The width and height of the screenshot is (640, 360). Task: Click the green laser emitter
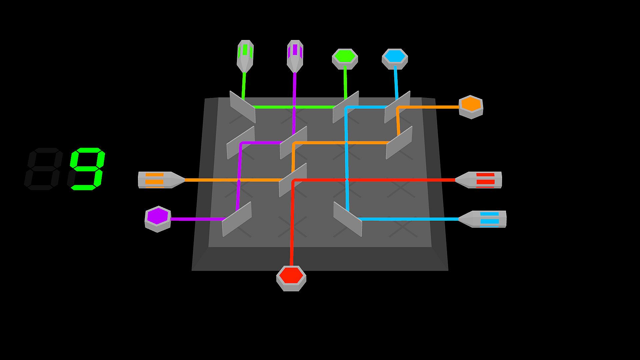click(245, 55)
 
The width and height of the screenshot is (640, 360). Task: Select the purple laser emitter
click(295, 55)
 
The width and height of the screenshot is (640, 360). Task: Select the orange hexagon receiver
click(471, 107)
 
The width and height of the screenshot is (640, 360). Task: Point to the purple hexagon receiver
click(158, 219)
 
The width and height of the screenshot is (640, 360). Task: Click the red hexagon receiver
click(291, 278)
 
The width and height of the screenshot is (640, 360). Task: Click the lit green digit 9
click(88, 169)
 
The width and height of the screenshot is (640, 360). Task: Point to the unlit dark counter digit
click(44, 169)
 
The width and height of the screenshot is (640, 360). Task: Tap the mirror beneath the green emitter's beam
click(243, 107)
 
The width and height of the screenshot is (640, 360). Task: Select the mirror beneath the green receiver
click(346, 107)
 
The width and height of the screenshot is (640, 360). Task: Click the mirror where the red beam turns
click(293, 180)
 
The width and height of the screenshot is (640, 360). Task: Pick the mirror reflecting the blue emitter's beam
click(348, 219)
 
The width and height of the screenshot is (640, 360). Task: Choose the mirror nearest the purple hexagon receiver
click(237, 219)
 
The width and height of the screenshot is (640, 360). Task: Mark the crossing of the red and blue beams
click(347, 180)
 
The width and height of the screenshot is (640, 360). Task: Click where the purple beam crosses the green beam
click(294, 107)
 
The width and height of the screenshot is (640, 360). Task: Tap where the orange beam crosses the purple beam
click(239, 180)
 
